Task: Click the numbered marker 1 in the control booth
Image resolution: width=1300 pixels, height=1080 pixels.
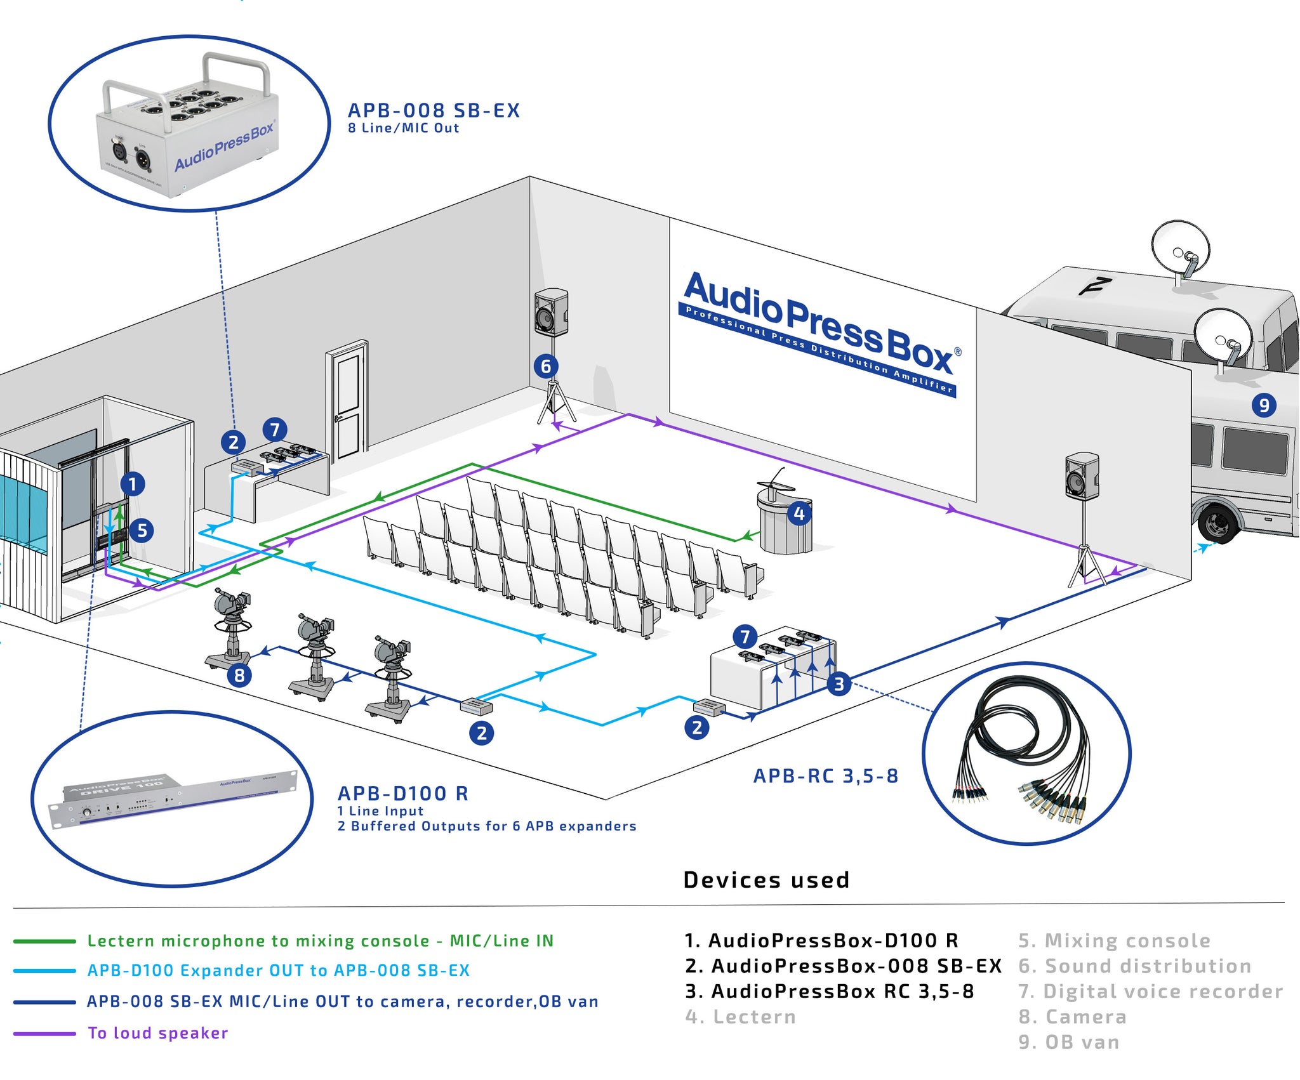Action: pyautogui.click(x=132, y=484)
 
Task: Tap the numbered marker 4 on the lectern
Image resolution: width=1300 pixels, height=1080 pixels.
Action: pyautogui.click(x=799, y=513)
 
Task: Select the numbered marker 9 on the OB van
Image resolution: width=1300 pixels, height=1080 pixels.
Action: pyautogui.click(x=1264, y=405)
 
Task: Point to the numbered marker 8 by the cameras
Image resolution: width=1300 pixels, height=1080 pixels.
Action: pyautogui.click(x=239, y=675)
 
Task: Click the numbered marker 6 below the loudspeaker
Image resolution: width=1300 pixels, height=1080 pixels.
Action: pyautogui.click(x=546, y=366)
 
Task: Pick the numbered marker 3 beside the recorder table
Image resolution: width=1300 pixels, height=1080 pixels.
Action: pyautogui.click(x=839, y=683)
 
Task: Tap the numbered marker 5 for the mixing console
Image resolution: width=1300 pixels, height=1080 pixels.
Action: pyautogui.click(x=142, y=530)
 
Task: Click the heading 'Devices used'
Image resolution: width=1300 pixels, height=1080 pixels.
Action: pyautogui.click(x=766, y=880)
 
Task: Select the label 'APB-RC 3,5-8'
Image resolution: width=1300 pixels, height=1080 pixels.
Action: pyautogui.click(x=825, y=776)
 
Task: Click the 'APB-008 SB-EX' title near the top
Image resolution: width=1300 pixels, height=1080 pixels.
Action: pyautogui.click(x=434, y=110)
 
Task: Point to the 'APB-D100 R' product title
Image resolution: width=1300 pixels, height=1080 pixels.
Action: pyautogui.click(x=402, y=793)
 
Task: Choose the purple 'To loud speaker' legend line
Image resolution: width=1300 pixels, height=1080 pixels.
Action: pyautogui.click(x=44, y=1034)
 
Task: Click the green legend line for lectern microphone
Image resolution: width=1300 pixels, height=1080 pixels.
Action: pyautogui.click(x=44, y=941)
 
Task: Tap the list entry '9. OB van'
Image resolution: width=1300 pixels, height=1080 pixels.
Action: pyautogui.click(x=1069, y=1042)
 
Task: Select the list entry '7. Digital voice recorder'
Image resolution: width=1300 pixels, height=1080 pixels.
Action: pyautogui.click(x=1150, y=991)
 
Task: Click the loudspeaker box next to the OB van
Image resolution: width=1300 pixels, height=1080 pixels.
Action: pyautogui.click(x=1082, y=476)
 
